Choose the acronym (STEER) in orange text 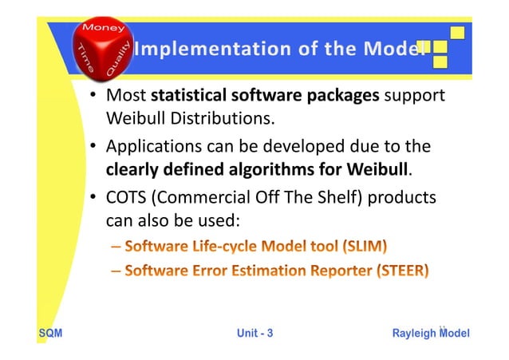pos(402,271)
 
